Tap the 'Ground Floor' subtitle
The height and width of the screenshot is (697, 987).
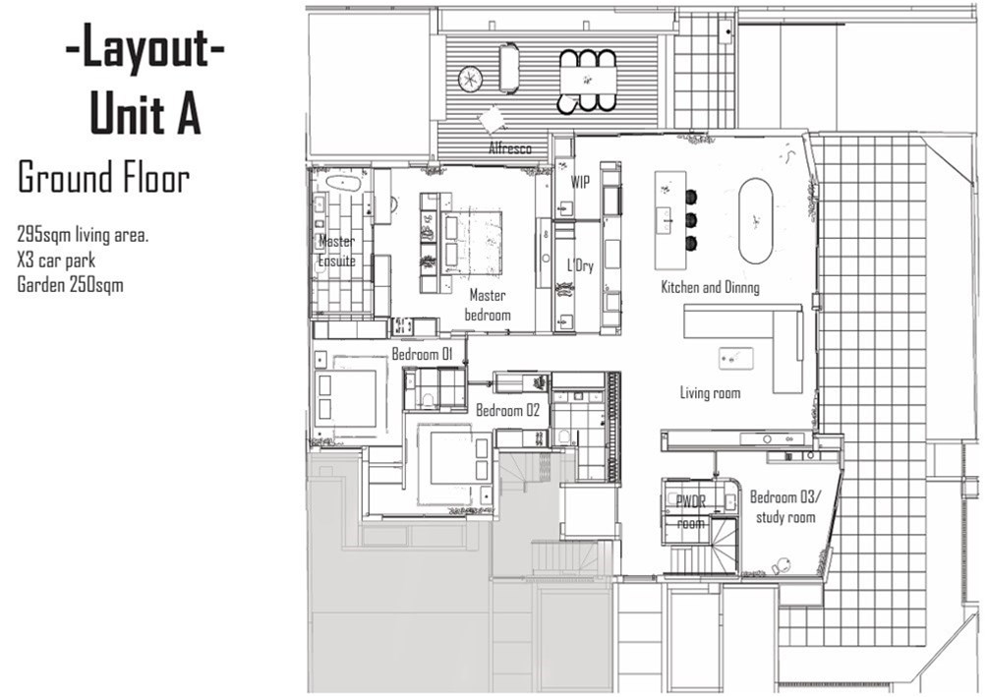coord(104,178)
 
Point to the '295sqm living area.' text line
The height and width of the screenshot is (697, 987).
coord(84,236)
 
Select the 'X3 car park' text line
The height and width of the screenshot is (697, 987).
coord(57,261)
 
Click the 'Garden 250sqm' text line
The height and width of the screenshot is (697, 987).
coord(71,285)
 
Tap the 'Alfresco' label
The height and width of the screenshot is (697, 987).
coord(510,148)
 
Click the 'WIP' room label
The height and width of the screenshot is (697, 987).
coord(580,182)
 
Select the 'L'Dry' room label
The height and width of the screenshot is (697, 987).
coord(580,265)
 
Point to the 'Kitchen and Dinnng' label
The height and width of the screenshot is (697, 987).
coord(710,288)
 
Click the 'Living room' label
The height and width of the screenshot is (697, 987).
coord(710,393)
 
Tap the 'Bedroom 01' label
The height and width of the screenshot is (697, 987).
coord(423,355)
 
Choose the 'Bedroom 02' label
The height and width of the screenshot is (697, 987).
coord(508,411)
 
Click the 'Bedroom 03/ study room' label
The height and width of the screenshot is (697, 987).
coord(784,507)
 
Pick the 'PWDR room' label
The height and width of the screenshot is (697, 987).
coord(690,512)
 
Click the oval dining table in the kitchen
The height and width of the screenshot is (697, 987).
coord(756,221)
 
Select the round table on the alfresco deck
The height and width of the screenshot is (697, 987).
coord(470,79)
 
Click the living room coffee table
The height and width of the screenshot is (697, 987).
coord(736,358)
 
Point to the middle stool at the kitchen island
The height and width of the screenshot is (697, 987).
coord(690,220)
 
